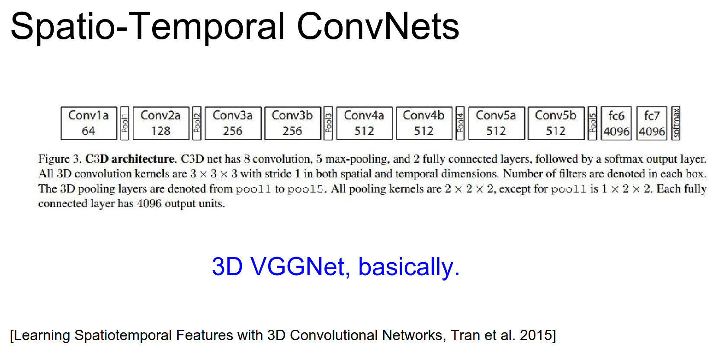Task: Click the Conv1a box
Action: point(89,123)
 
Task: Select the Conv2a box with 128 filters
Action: point(161,123)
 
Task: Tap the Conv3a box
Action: point(233,123)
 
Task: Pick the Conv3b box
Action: point(293,123)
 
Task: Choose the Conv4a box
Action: point(365,123)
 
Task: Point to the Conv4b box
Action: point(424,123)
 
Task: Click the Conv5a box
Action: point(497,123)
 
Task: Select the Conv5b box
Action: point(556,123)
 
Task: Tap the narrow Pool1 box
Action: point(125,123)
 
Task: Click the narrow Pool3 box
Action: point(328,123)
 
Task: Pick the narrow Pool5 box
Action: point(593,123)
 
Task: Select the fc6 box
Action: point(616,123)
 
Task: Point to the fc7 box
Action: point(652,123)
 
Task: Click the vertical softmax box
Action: point(676,123)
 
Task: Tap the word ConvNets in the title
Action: point(378,26)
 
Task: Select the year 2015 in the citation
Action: point(536,335)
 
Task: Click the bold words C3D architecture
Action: point(130,159)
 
